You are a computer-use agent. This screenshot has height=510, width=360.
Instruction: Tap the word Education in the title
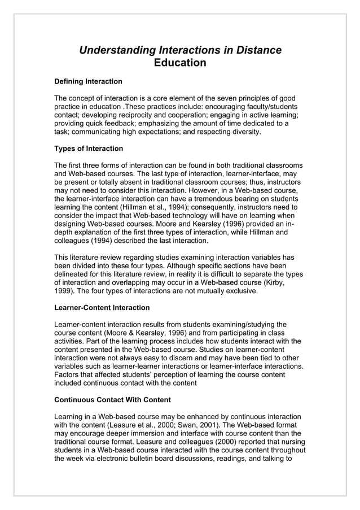(x=180, y=63)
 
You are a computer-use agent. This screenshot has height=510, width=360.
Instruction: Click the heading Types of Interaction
(x=88, y=149)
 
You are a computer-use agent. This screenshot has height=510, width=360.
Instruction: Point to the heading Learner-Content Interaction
(x=102, y=308)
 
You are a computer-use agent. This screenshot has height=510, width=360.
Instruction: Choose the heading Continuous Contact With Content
(x=112, y=400)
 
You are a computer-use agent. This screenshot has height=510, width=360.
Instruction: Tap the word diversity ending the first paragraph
(x=243, y=132)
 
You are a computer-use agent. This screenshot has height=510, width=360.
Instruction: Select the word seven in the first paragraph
(x=234, y=98)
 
